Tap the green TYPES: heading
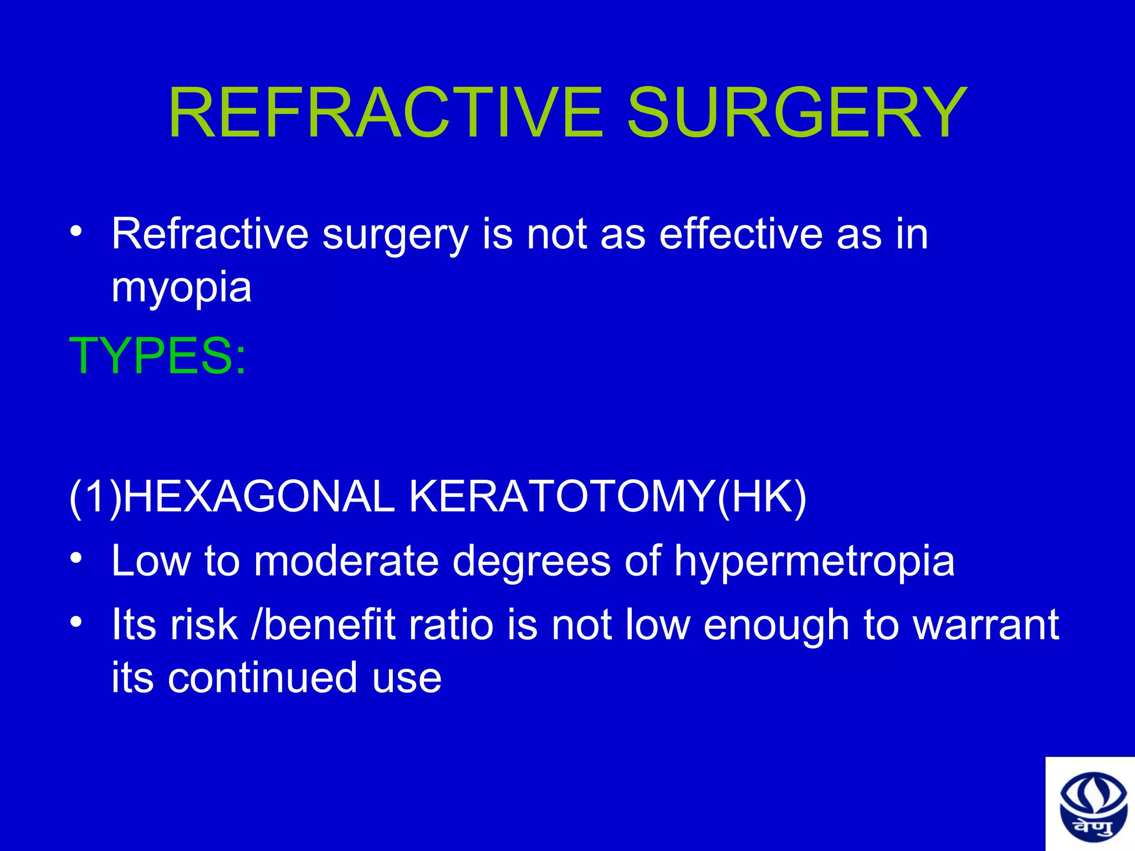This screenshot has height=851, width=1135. tap(157, 356)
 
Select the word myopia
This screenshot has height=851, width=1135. tap(182, 288)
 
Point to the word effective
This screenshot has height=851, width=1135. tap(740, 234)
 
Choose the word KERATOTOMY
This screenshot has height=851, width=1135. tap(561, 496)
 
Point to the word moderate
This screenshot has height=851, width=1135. tap(346, 561)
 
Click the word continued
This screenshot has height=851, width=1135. tap(263, 678)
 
